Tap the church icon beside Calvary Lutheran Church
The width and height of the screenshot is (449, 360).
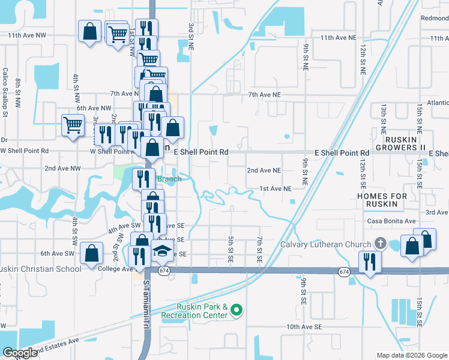[379, 244]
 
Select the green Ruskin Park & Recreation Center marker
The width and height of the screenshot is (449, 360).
[237, 310]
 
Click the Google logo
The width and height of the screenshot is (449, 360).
[20, 353]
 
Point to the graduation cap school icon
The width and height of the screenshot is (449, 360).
[161, 252]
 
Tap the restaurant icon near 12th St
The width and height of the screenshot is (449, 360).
[369, 262]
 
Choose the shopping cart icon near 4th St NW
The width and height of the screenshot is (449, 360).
[72, 125]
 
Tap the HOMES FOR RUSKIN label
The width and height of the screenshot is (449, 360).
[382, 200]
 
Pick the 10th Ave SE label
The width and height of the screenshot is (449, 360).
[304, 326]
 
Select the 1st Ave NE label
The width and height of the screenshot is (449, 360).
[275, 188]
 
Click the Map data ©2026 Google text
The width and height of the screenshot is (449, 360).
[412, 355]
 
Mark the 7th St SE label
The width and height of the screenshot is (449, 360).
[260, 250]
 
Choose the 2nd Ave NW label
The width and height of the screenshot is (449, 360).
[62, 169]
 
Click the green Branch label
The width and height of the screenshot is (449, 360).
[169, 179]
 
